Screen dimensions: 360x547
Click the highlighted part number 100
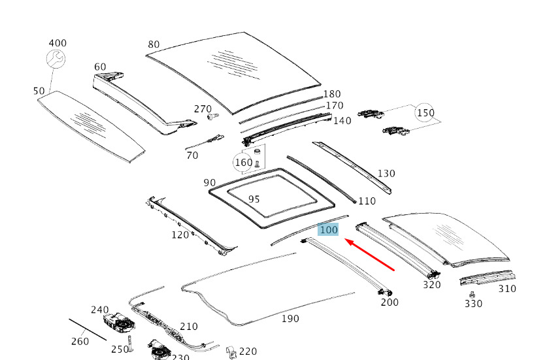(328, 229)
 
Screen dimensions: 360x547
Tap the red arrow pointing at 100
(370, 255)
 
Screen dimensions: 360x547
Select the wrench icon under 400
(56, 60)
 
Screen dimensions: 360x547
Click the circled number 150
(425, 113)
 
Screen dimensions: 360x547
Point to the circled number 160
(243, 162)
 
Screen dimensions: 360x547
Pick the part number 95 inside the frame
(254, 199)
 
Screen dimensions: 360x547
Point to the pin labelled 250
(130, 342)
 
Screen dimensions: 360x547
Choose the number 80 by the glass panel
(154, 44)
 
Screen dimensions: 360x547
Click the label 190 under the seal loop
(290, 318)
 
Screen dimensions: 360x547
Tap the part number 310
(506, 288)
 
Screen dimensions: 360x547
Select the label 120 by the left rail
(180, 235)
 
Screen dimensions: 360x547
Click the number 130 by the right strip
(386, 173)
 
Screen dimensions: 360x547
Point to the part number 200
(390, 302)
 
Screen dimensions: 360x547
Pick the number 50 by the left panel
(39, 91)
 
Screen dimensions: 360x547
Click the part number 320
(432, 284)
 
